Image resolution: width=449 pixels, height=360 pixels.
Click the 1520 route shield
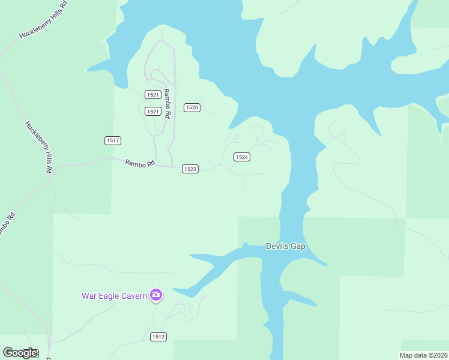click(x=191, y=107)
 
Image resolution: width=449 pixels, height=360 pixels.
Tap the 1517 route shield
click(x=113, y=140)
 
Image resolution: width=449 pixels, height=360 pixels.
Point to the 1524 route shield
click(x=241, y=157)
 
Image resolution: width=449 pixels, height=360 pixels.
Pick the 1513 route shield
click(x=158, y=337)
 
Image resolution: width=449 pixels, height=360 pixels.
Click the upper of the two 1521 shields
click(x=152, y=95)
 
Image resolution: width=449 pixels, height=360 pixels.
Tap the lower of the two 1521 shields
click(x=152, y=112)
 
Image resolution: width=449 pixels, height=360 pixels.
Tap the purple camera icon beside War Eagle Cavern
click(x=156, y=295)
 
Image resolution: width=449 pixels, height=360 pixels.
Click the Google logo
click(x=20, y=353)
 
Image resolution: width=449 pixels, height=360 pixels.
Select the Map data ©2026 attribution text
click(x=424, y=355)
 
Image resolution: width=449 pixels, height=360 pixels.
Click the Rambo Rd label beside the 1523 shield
click(x=140, y=163)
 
